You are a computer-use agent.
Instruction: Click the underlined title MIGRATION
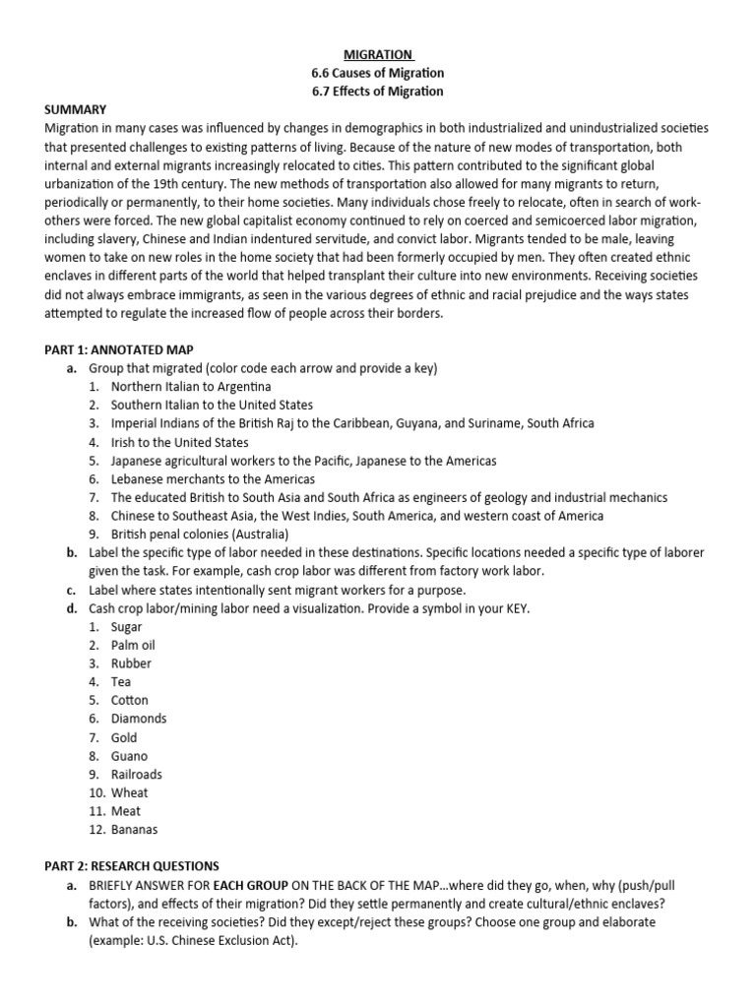click(x=378, y=54)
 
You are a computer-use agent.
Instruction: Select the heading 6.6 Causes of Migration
click(x=378, y=73)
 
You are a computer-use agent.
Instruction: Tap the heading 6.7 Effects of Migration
click(x=378, y=92)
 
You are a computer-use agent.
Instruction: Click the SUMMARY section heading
click(x=76, y=109)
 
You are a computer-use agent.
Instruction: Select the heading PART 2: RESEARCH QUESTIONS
click(x=133, y=866)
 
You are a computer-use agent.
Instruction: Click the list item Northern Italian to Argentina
click(x=191, y=387)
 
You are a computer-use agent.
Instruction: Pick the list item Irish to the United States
click(x=180, y=442)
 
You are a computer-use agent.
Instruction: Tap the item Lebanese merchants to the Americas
click(x=213, y=479)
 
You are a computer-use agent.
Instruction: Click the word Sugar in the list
click(x=126, y=627)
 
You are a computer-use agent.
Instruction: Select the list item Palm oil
click(x=133, y=645)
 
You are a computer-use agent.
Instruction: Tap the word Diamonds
click(x=139, y=719)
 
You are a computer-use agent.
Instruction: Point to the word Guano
click(x=129, y=756)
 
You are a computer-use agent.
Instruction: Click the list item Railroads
click(x=137, y=775)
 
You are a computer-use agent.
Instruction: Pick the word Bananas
click(x=134, y=830)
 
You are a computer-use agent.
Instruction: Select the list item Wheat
click(x=130, y=792)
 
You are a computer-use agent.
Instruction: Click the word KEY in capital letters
click(x=514, y=608)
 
